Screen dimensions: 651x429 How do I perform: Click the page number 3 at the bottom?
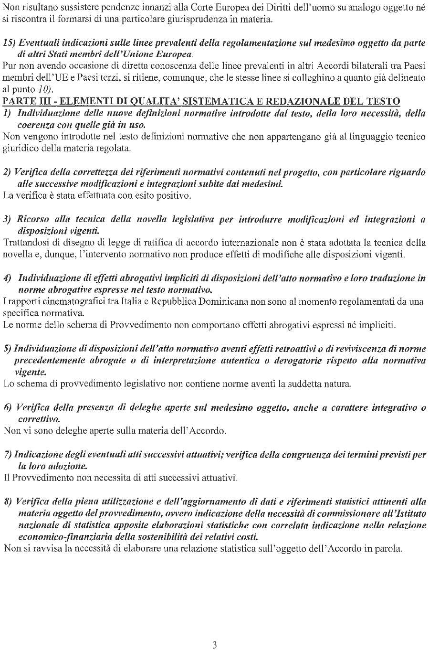coord(215,645)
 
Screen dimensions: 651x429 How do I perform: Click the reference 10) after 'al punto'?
coord(43,89)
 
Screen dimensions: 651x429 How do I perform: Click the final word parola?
coord(389,548)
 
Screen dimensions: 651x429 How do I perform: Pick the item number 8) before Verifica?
coord(8,502)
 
